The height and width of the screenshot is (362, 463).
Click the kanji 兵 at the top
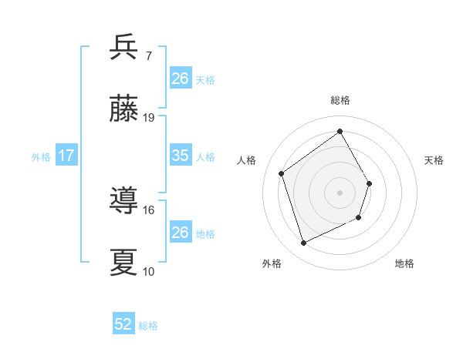[x=124, y=47]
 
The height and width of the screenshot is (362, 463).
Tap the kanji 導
[x=124, y=201]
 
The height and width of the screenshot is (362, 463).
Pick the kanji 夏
[x=124, y=263]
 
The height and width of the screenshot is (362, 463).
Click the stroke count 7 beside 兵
[x=149, y=55]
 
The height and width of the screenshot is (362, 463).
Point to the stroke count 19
[x=149, y=118]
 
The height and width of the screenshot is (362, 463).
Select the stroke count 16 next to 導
[x=149, y=209]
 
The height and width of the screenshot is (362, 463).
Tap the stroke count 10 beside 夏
[x=149, y=271]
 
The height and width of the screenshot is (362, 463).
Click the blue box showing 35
[x=180, y=156]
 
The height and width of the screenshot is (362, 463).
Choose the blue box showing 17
[x=66, y=156]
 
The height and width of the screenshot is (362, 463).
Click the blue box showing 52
[x=123, y=324]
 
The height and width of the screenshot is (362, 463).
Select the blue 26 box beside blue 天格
[x=180, y=78]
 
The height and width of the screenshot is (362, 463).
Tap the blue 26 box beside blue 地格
[x=180, y=232]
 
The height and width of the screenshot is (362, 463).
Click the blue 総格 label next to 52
[x=148, y=326]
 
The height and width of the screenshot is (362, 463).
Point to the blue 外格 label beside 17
[x=41, y=157]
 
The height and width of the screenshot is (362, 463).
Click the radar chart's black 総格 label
[x=340, y=100]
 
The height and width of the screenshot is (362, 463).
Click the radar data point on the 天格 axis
[x=370, y=183]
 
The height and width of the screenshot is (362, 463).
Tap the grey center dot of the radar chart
[x=340, y=193]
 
